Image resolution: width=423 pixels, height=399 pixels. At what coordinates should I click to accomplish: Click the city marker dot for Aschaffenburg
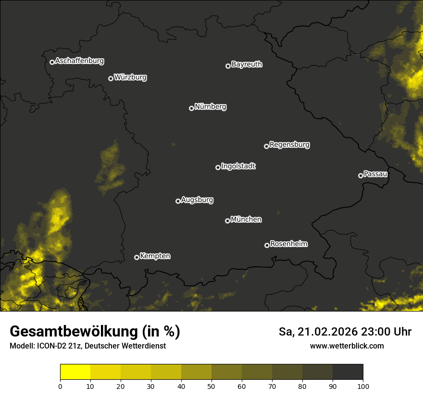tap(52, 62)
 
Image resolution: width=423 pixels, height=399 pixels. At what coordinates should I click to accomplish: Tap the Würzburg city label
tap(130, 77)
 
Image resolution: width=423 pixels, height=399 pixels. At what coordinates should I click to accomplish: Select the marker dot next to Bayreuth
tap(228, 66)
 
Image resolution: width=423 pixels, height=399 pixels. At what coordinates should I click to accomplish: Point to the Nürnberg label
tap(210, 107)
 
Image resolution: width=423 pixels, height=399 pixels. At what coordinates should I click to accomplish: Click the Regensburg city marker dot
tap(266, 146)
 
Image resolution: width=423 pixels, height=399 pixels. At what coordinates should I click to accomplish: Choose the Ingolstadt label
tap(238, 166)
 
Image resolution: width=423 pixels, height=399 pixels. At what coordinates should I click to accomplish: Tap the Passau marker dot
tap(361, 175)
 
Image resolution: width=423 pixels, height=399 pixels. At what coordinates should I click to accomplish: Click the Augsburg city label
tap(197, 200)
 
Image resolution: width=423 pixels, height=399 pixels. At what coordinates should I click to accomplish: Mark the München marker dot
tap(227, 221)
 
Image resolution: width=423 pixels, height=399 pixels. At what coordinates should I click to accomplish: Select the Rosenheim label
tap(288, 244)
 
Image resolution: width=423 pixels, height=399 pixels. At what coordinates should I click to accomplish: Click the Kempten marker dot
tap(137, 257)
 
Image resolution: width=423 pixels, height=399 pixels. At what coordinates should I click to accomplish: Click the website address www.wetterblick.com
tap(347, 346)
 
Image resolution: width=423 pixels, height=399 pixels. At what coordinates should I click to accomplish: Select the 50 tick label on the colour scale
tap(211, 386)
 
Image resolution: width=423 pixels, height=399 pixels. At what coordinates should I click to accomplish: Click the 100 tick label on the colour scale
tap(363, 386)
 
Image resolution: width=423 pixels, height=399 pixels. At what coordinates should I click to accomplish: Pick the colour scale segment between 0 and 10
tap(75, 372)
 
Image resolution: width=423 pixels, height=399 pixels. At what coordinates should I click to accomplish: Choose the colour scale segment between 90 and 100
tap(348, 372)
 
